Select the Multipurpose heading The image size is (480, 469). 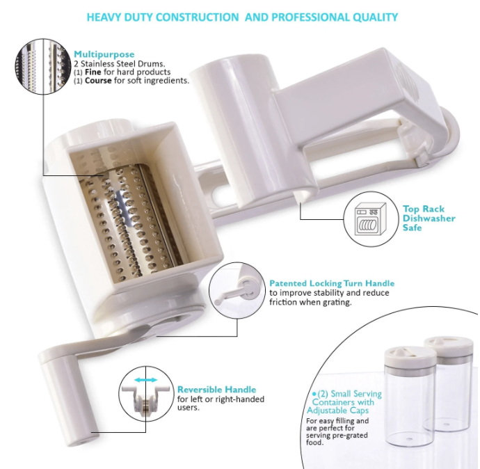[x=104, y=54]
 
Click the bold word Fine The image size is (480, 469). [x=93, y=72]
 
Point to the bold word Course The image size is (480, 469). [x=98, y=81]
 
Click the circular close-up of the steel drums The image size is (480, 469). [x=43, y=66]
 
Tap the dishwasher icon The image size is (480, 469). [x=370, y=218]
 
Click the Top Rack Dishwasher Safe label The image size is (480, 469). [x=429, y=218]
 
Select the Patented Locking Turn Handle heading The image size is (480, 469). [x=332, y=283]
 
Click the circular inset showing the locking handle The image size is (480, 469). [x=237, y=290]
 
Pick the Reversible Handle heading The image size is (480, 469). [x=217, y=390]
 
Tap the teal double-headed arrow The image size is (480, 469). [x=145, y=380]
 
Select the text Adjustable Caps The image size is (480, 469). [x=337, y=411]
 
